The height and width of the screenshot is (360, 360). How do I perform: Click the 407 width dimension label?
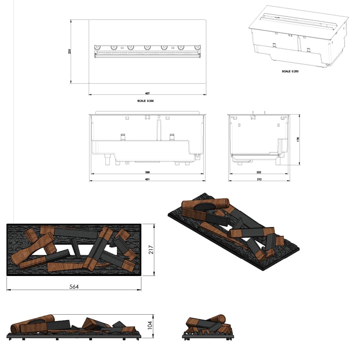coord(147,93)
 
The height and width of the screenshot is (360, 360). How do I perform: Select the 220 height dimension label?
coord(70,51)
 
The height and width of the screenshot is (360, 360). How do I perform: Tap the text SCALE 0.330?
coord(146,100)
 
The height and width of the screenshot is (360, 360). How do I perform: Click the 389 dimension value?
coord(147,172)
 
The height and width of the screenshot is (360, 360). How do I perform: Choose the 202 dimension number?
coord(259,172)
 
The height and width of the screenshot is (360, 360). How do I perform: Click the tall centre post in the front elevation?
coord(159,128)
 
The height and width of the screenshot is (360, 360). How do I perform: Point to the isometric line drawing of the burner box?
coord(298,37)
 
